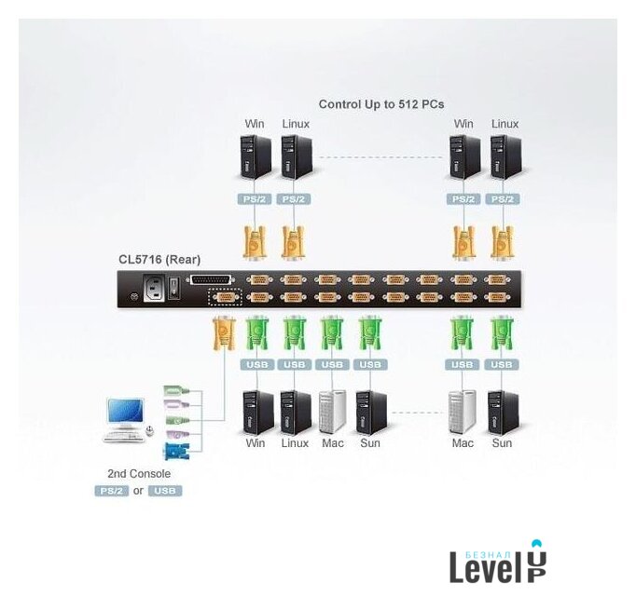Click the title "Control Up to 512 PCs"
coord(380,104)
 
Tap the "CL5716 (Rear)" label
coord(159,260)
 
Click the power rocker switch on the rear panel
coord(173,289)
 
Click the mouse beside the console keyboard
coord(149,430)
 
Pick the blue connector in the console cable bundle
coord(175,452)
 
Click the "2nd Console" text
coord(138,474)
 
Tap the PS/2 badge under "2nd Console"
coord(111,491)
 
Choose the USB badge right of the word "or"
coord(164,491)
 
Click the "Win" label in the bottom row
coord(255,443)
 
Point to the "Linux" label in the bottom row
coord(295,443)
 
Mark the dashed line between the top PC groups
coord(380,157)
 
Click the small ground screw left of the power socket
coord(133,297)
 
